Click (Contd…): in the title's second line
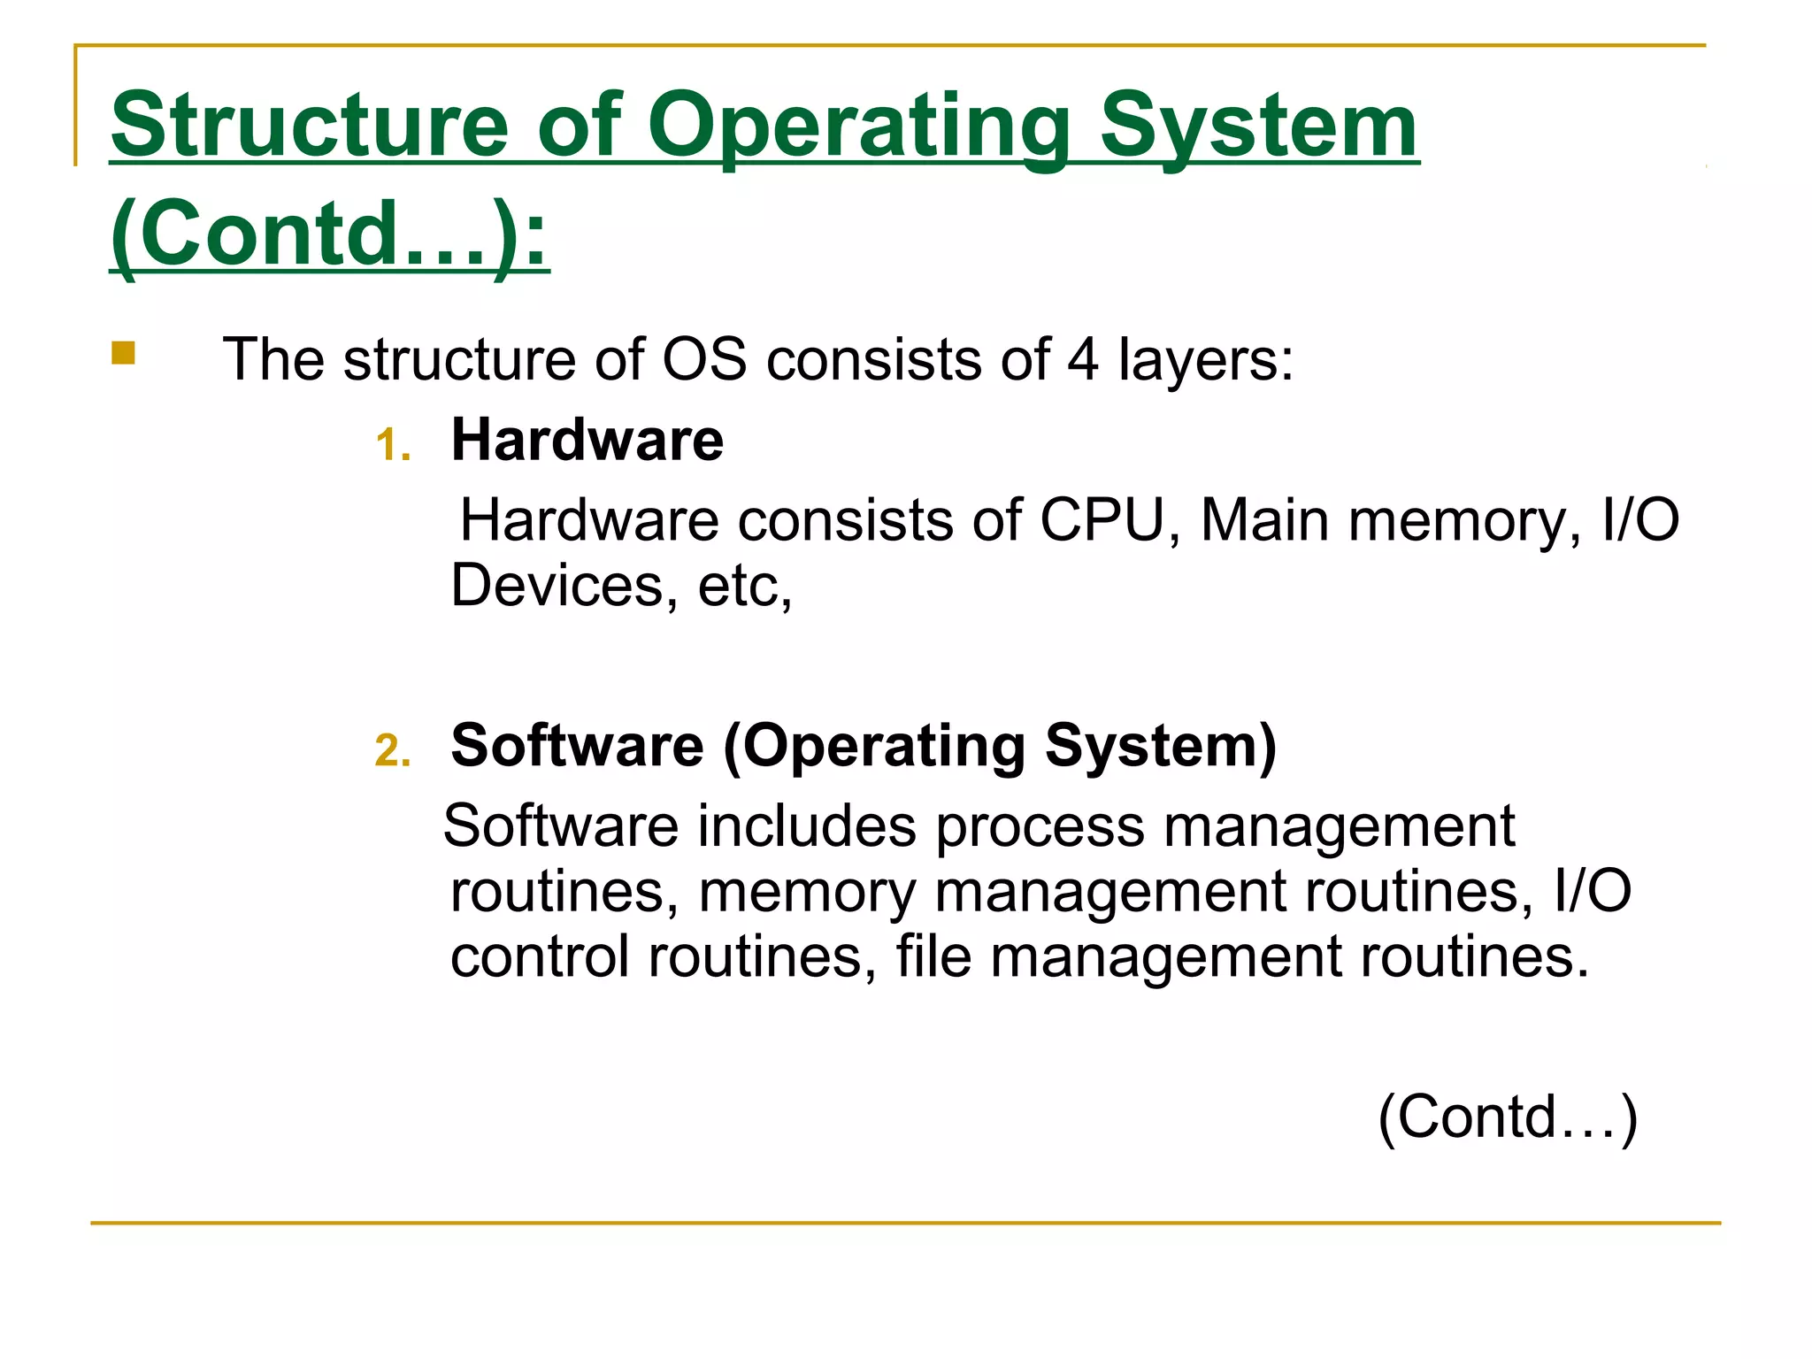click(329, 234)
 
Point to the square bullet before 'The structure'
click(123, 354)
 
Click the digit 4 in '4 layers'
click(1083, 360)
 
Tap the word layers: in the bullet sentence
click(1206, 360)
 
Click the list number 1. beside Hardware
click(393, 444)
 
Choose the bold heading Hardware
click(587, 440)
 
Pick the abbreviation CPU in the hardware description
click(1102, 520)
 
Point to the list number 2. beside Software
click(393, 750)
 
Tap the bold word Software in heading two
click(577, 745)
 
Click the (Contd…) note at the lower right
click(1508, 1117)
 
